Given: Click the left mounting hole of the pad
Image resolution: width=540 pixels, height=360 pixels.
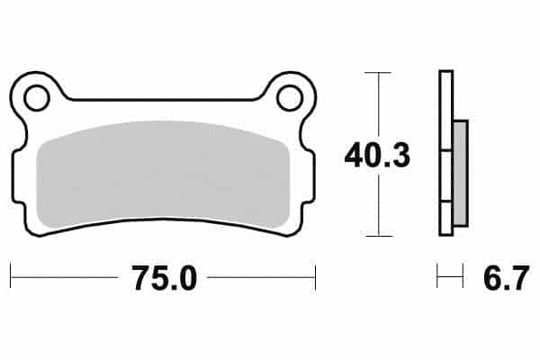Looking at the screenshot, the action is pos(37,98).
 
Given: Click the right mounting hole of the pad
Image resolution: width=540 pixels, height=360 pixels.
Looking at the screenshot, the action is pos(289,98).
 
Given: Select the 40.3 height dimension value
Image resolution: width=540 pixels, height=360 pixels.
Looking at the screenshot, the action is pos(377,156).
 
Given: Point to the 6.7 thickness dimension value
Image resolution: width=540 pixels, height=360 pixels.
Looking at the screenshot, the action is pos(506,278).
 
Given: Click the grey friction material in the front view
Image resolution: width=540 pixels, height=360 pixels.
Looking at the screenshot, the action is pos(162,175).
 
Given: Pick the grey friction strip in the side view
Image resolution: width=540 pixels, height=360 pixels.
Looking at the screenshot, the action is pos(461,174).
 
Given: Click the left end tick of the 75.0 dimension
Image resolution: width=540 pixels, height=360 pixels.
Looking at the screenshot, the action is pos(11,275).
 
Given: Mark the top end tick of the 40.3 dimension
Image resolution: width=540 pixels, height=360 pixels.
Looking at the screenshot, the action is pos(378,73).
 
